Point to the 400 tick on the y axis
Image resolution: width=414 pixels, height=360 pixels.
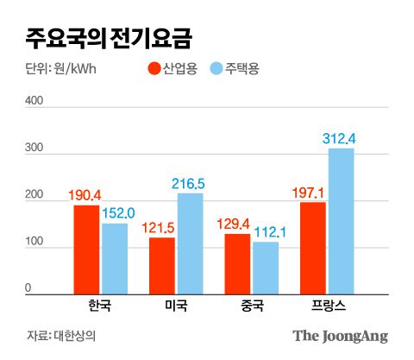tap(34, 101)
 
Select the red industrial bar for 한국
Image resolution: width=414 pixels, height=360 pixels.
tap(86, 250)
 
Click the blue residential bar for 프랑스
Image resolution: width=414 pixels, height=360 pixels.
tap(341, 222)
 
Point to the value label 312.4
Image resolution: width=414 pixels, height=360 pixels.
tap(340, 138)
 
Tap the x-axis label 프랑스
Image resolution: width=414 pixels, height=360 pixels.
tap(326, 306)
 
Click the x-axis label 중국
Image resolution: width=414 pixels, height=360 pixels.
tap(250, 306)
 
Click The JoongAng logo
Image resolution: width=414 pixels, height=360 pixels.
tap(340, 336)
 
